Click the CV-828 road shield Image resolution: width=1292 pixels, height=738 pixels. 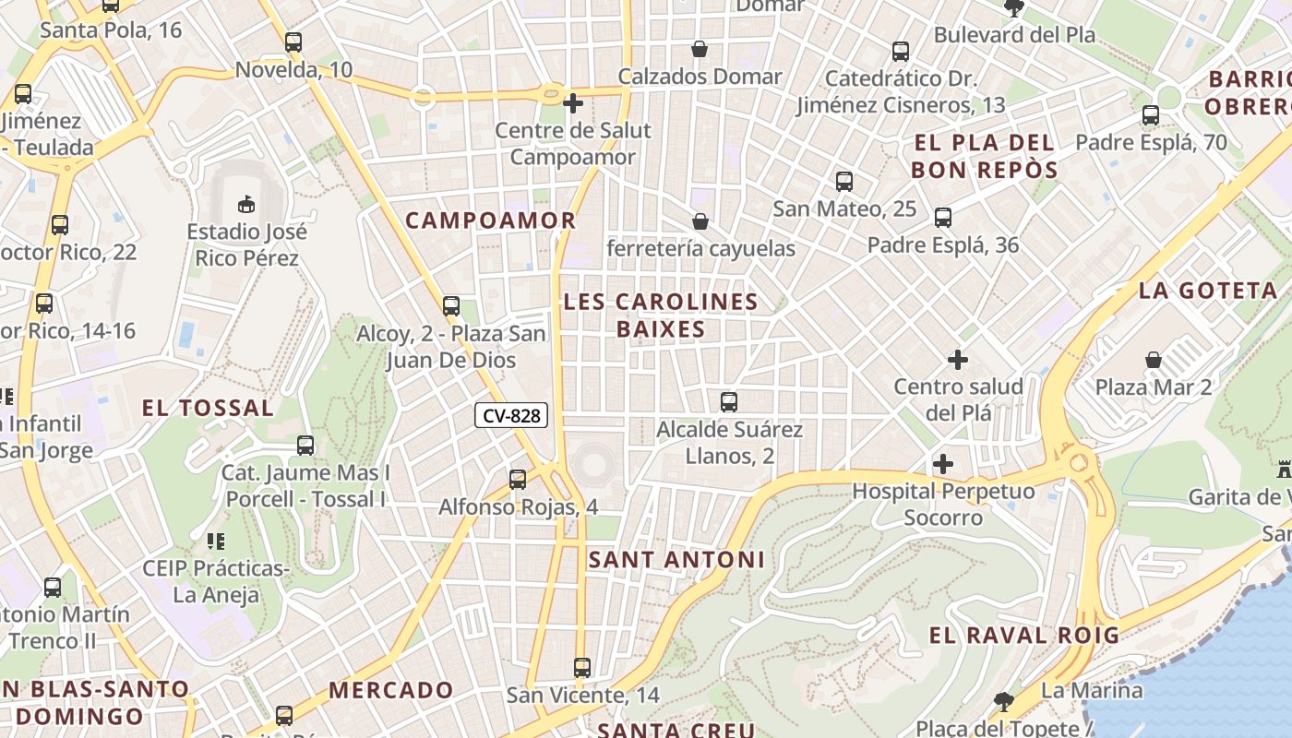click(x=511, y=416)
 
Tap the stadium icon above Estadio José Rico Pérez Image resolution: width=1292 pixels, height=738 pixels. click(x=246, y=204)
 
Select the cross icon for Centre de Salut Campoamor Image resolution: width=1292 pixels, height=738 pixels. click(x=573, y=103)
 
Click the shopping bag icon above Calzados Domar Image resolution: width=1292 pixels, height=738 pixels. click(x=700, y=49)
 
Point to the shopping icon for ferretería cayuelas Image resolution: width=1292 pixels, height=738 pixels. click(x=700, y=221)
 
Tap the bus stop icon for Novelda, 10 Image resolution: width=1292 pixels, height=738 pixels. click(x=293, y=42)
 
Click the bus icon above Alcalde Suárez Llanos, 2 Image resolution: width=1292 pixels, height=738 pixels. click(x=729, y=402)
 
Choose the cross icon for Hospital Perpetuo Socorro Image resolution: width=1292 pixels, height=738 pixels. click(x=942, y=464)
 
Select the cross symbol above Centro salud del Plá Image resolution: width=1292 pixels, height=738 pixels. click(x=958, y=359)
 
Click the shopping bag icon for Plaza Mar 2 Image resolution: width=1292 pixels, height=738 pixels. click(x=1154, y=359)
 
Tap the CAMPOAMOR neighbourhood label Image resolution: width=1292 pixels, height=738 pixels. click(x=491, y=220)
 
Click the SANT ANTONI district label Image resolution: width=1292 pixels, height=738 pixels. click(x=676, y=560)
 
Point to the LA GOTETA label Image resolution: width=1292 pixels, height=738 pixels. click(x=1208, y=291)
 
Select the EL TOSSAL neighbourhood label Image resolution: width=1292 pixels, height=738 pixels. click(x=208, y=408)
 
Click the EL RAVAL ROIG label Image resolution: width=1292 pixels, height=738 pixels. click(x=1023, y=635)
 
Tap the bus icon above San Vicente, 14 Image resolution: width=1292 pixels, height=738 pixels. click(x=582, y=668)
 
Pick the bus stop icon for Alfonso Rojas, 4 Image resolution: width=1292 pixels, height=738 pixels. click(x=518, y=480)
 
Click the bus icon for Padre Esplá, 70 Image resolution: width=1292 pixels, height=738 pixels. click(x=1151, y=115)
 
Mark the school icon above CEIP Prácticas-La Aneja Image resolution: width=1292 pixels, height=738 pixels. click(x=216, y=542)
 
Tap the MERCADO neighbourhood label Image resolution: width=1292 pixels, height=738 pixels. click(x=391, y=690)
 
